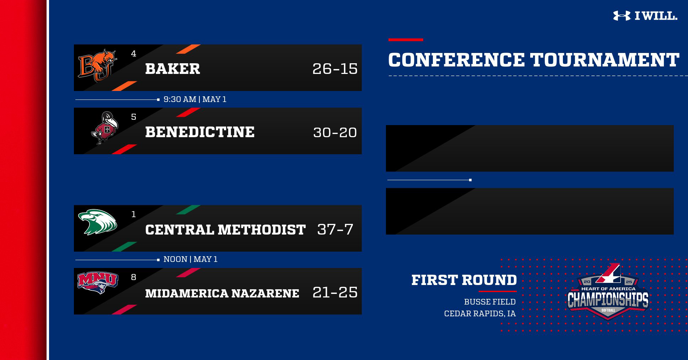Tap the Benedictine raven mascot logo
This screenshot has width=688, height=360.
105,128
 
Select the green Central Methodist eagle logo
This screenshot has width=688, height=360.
97,222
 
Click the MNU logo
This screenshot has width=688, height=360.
98,283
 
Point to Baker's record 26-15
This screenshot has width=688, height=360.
335,69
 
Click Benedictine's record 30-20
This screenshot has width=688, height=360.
335,133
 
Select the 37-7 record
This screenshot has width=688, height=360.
335,229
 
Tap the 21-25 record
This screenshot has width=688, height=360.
335,292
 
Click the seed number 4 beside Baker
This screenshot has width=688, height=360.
134,54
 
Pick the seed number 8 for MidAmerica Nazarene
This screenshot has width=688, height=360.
134,277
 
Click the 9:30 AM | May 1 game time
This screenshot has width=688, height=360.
195,99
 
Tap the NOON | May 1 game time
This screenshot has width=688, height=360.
190,259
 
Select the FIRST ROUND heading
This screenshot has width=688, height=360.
464,280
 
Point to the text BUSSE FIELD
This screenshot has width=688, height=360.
490,302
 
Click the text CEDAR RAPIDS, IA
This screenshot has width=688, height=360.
480,314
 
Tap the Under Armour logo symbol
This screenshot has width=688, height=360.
622,16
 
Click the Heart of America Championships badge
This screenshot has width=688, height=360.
608,291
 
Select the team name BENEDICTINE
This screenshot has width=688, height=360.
200,132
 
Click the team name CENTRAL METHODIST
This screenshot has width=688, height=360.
225,230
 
